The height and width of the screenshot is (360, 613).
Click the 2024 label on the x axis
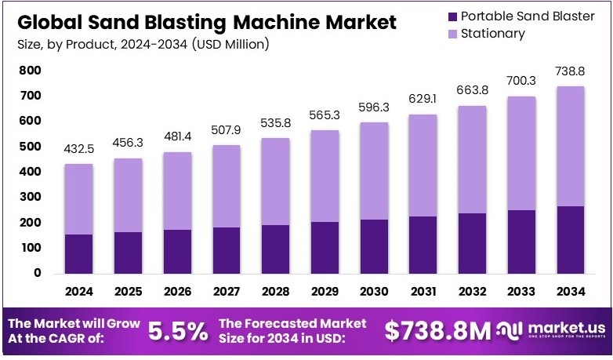79,292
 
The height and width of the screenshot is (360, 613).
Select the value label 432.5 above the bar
79,148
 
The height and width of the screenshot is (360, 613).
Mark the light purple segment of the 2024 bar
79,199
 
